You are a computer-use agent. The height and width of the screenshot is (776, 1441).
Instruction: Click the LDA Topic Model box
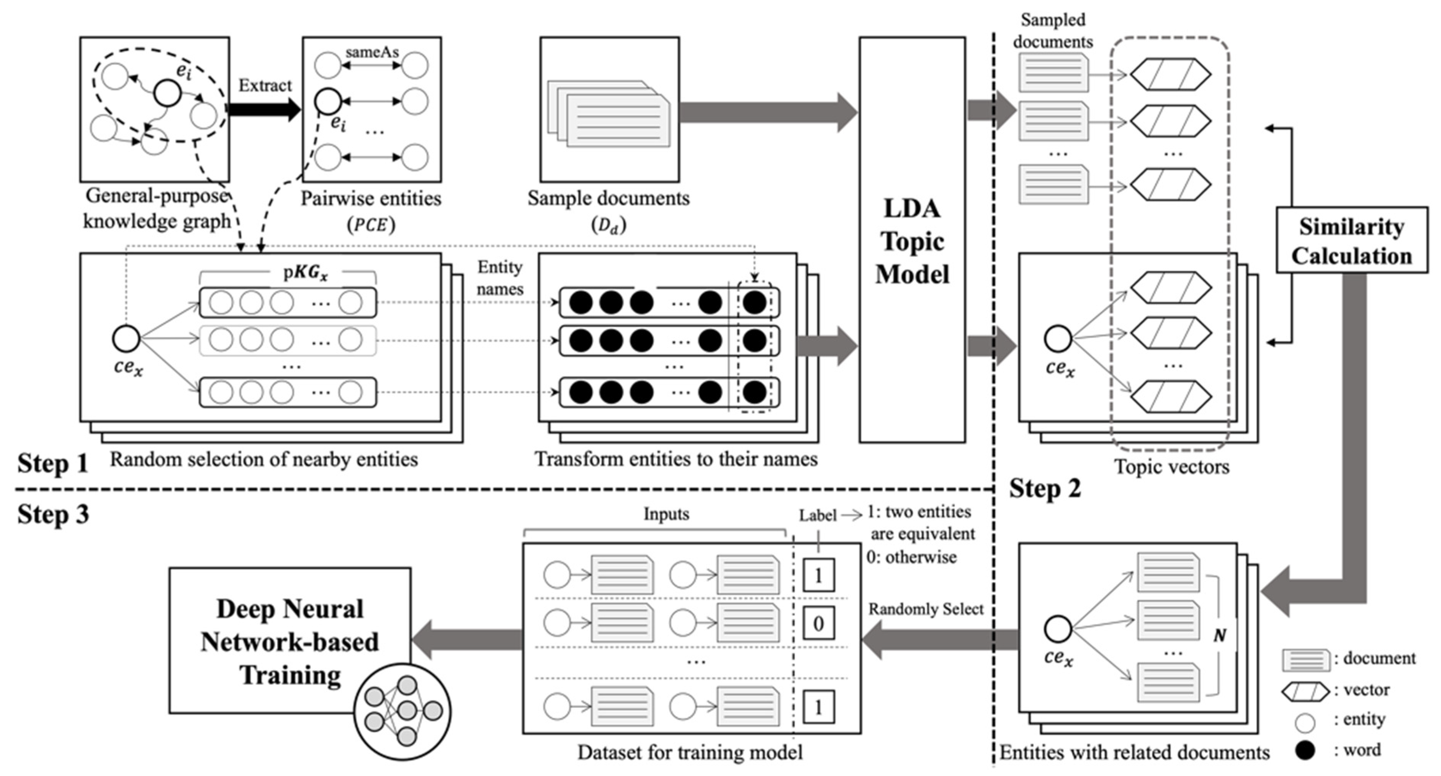pos(912,240)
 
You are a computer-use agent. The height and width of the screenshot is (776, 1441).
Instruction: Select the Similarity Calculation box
pos(1351,240)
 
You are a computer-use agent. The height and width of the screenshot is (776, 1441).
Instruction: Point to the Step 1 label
pos(53,463)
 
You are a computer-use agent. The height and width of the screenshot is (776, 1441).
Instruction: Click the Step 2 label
pos(1045,489)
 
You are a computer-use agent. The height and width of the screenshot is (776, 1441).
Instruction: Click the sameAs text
pos(372,52)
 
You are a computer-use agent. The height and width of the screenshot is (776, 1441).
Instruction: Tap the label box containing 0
pos(818,623)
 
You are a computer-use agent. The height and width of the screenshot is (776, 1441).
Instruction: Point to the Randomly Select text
pos(926,609)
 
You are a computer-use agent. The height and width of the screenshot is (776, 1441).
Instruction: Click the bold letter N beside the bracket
pos(1220,635)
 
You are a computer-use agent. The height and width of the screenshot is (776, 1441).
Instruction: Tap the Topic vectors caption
pos(1171,466)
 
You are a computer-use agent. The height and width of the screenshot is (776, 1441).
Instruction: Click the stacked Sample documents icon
pos(610,115)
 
